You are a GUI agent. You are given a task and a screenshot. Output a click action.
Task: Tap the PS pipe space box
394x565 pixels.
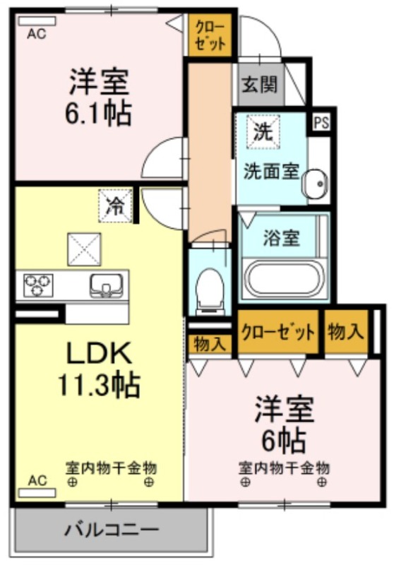(x=321, y=121)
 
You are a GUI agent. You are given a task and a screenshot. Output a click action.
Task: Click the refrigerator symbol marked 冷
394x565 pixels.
(x=113, y=206)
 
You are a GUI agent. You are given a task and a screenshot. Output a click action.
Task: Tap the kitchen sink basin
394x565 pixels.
(x=105, y=285)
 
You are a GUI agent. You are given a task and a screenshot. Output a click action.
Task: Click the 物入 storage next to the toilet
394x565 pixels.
(x=210, y=344)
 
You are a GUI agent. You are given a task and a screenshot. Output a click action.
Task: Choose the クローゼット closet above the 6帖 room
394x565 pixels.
(x=277, y=332)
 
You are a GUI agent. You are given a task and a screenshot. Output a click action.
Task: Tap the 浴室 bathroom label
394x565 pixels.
(x=281, y=238)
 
